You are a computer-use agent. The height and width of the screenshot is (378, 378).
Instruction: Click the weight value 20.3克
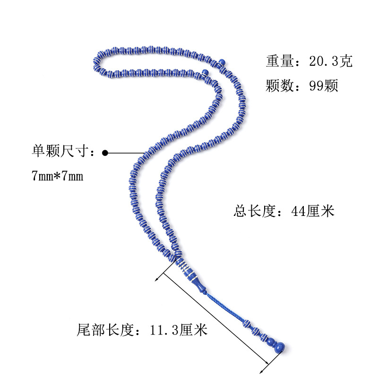click(x=331, y=62)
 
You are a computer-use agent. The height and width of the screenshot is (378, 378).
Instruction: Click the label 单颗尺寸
click(x=60, y=152)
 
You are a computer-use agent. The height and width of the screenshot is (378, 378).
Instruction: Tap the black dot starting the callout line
click(x=105, y=153)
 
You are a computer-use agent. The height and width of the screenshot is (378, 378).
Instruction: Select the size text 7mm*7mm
click(x=57, y=176)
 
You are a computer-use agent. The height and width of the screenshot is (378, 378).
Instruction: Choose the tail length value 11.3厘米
click(x=179, y=329)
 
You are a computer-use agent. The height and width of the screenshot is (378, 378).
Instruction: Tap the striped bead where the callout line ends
click(x=146, y=152)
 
